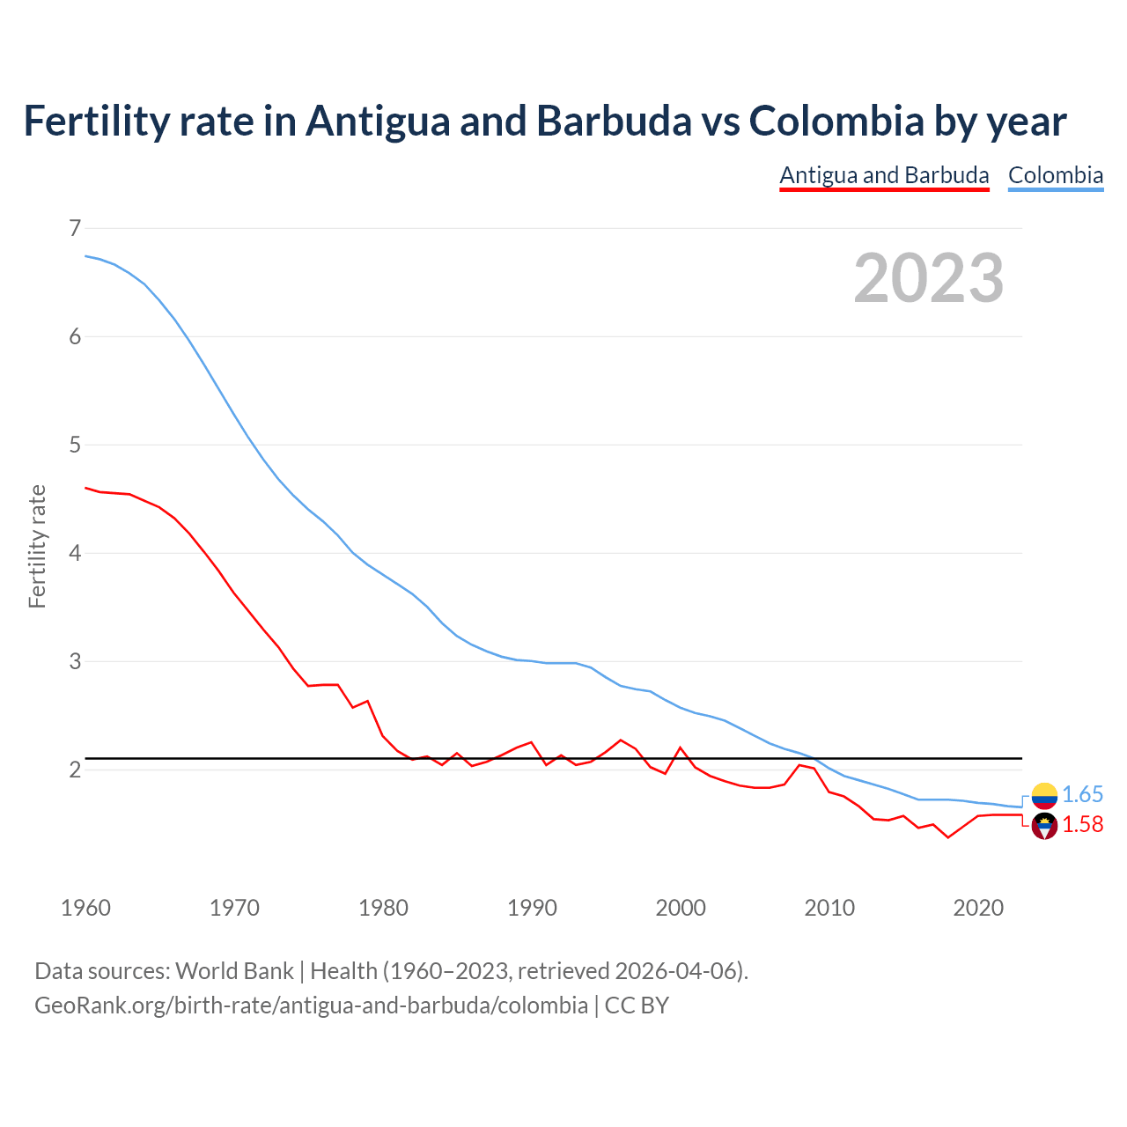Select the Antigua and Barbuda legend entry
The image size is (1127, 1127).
(x=884, y=175)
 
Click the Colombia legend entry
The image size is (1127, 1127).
(x=1055, y=175)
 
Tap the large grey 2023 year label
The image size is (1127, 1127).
(x=928, y=278)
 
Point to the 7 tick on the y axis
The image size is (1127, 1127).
(x=74, y=228)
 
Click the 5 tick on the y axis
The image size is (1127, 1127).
(x=74, y=445)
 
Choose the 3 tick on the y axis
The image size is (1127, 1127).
(x=74, y=661)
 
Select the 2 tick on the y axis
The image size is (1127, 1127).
(x=74, y=770)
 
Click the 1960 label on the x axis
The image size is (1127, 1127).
(x=85, y=908)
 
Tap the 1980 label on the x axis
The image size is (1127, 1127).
(x=383, y=908)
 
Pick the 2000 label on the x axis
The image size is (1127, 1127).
(x=681, y=908)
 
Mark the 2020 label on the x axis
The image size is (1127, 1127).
(x=978, y=908)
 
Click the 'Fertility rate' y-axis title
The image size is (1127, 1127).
(x=37, y=546)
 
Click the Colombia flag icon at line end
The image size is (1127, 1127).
(x=1044, y=796)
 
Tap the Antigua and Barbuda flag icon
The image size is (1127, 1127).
(x=1044, y=826)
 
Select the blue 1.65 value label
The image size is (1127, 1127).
(x=1082, y=795)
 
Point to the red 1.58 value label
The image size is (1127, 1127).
(x=1082, y=825)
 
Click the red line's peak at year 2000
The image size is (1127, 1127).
(x=680, y=748)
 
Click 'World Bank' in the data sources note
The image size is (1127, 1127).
(x=234, y=971)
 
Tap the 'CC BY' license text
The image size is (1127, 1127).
(x=637, y=1005)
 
